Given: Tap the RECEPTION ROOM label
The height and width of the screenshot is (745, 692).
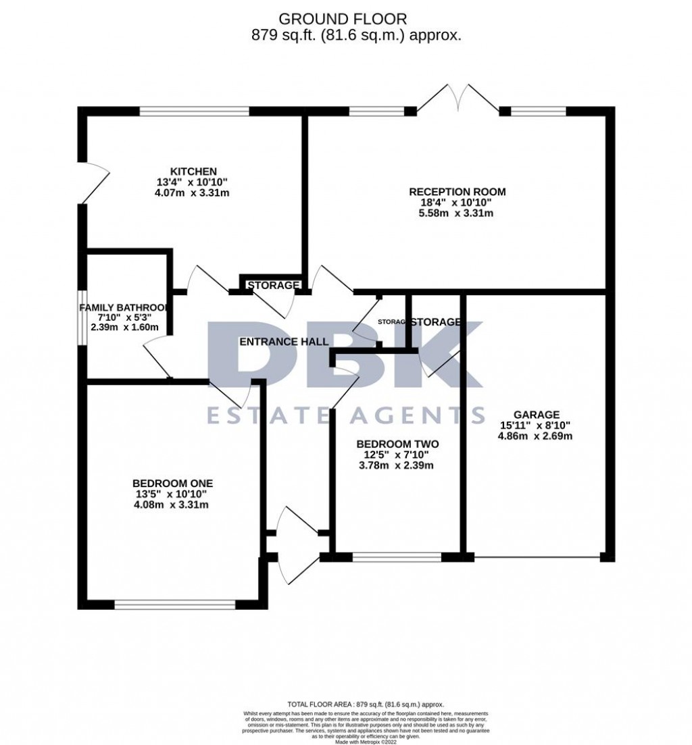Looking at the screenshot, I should pyautogui.click(x=457, y=192).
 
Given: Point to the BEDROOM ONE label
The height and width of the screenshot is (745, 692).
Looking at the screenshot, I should pyautogui.click(x=172, y=483).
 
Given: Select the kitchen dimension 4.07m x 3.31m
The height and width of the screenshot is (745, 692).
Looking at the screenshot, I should pyautogui.click(x=192, y=192).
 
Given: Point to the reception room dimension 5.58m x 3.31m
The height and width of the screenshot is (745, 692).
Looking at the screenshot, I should pyautogui.click(x=457, y=213).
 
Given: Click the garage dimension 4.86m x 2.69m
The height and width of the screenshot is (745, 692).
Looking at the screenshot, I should pyautogui.click(x=535, y=436).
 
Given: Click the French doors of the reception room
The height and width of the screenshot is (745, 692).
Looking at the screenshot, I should pyautogui.click(x=458, y=98).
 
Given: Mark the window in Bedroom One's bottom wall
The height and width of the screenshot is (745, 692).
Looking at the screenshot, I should pyautogui.click(x=175, y=605).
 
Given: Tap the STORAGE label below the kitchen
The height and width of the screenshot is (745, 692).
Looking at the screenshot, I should pyautogui.click(x=272, y=286).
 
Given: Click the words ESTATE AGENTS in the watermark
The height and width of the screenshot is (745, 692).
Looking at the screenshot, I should pyautogui.click(x=345, y=413).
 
